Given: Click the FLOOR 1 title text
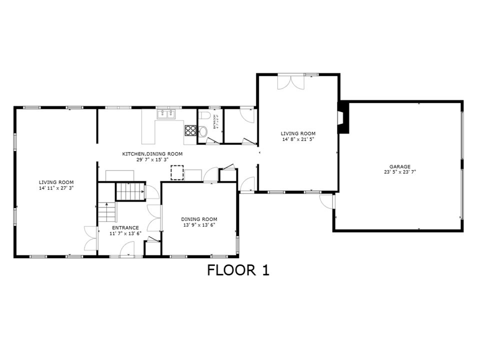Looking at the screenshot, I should click(238, 270).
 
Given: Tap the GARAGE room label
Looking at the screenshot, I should click(400, 166).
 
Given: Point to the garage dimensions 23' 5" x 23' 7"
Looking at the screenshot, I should click(400, 172).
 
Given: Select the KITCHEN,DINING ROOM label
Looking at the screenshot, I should click(152, 154).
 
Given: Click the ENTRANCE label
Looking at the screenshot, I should click(125, 227).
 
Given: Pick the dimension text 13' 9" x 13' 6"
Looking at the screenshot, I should click(199, 224).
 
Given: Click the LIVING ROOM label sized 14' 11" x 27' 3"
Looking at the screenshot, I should click(56, 182).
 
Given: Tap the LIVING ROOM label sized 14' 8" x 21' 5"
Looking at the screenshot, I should click(298, 133).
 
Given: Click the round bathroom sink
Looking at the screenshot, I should click(202, 132).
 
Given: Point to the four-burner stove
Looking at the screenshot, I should click(191, 130).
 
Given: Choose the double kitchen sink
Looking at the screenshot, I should click(166, 114).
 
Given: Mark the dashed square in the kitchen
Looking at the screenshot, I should click(177, 172).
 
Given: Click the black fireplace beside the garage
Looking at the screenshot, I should click(342, 118).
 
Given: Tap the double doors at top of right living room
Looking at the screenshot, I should click(290, 82).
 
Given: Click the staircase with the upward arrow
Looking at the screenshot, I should click(106, 212).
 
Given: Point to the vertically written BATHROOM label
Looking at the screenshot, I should click(215, 121).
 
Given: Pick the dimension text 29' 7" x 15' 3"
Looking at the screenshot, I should click(152, 160).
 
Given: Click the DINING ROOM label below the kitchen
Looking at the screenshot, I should click(199, 219).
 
